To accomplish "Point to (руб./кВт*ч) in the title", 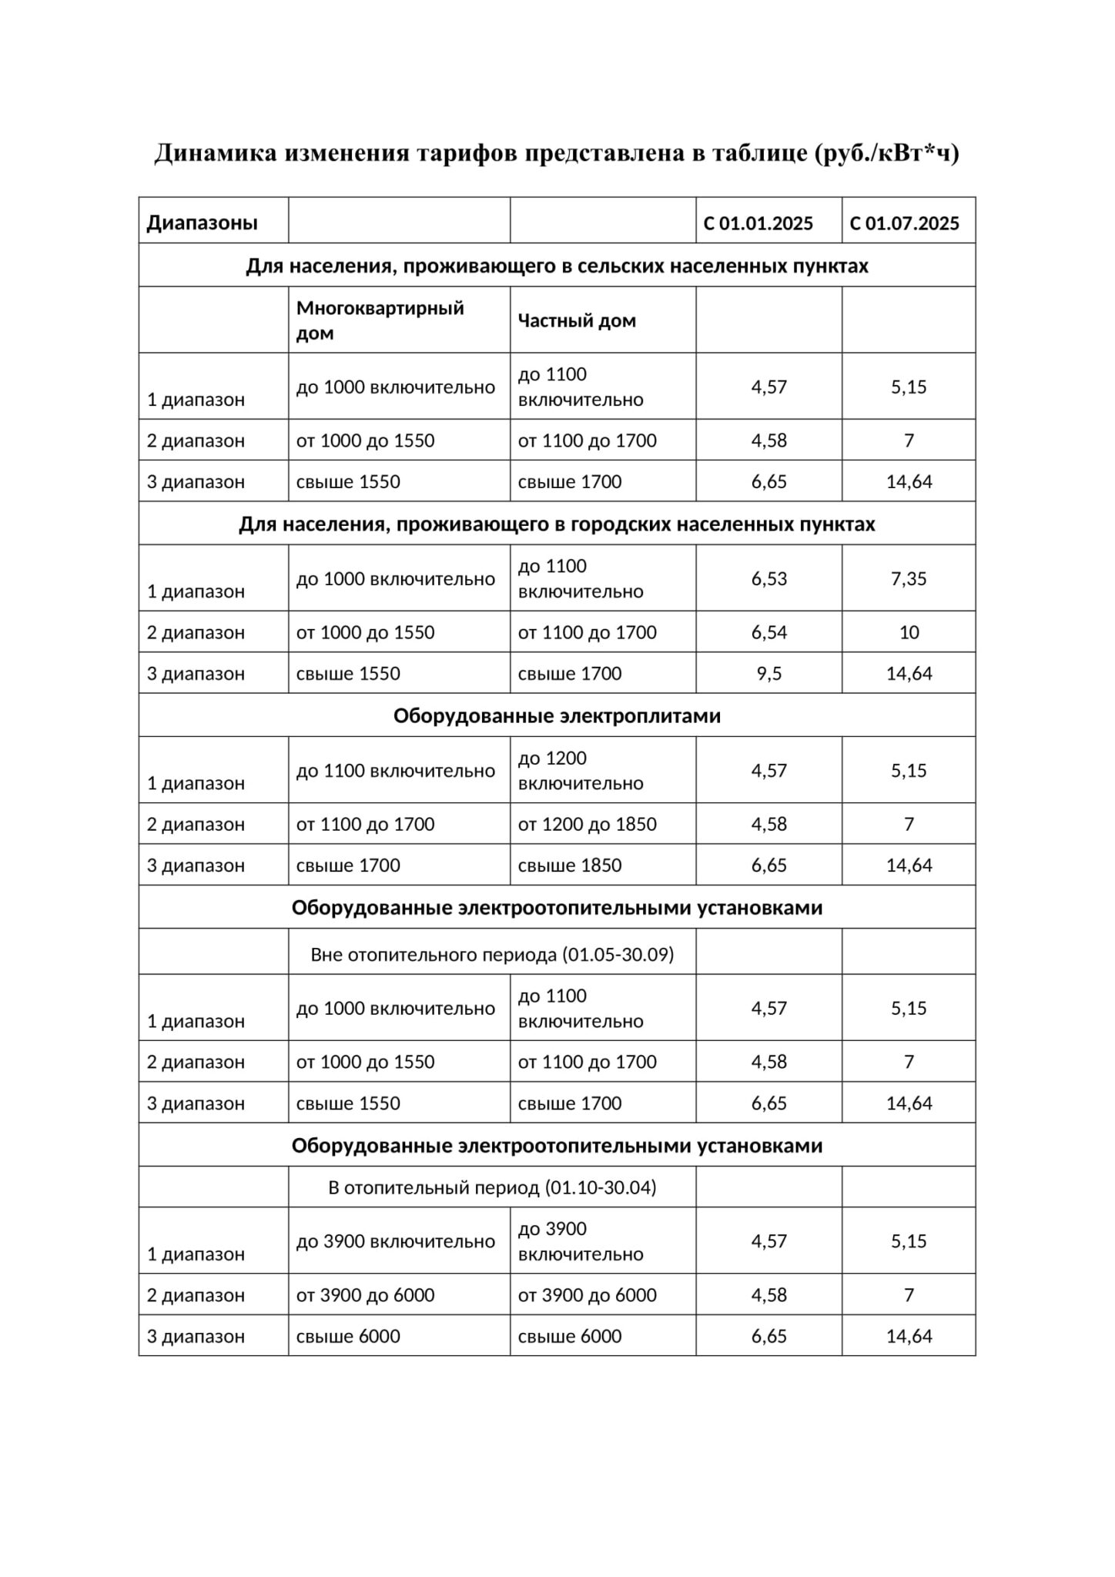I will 886,153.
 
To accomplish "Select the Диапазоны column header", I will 203,223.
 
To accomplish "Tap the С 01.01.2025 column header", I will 758,223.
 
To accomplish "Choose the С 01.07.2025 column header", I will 905,223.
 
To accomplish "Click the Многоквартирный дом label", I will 380,320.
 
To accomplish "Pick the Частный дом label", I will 577,320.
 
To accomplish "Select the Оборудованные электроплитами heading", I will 557,716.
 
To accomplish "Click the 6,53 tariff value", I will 769,578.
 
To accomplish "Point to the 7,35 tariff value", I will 909,578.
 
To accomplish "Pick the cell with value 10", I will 909,632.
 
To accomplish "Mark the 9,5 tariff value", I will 769,674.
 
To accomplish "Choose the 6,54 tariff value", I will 769,632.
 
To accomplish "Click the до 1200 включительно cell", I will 581,771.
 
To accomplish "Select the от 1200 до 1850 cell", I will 587,824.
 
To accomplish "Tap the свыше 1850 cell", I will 570,866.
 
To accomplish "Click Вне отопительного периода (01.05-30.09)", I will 492,955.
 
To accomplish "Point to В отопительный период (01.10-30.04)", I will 492,1187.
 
